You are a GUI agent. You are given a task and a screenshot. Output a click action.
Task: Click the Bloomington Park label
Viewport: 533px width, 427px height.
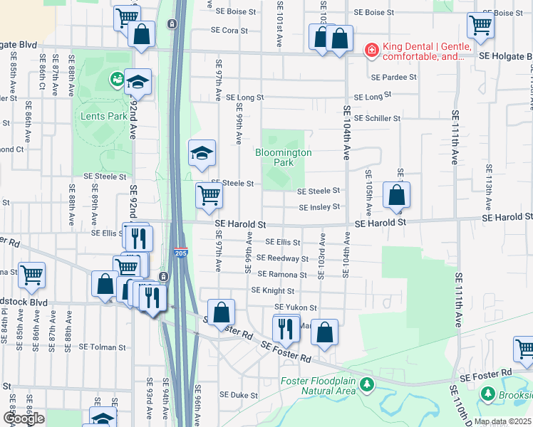284,157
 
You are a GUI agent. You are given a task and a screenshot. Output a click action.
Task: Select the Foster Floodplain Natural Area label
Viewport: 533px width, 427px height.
317,385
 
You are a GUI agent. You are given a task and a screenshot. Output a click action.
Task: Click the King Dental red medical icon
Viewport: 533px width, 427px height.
371,50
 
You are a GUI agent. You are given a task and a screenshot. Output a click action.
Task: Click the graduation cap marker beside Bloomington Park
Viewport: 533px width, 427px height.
202,152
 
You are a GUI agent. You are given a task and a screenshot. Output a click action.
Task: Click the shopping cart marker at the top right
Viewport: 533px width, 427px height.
481,26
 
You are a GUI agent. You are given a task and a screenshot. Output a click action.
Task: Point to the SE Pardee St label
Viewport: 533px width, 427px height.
393,77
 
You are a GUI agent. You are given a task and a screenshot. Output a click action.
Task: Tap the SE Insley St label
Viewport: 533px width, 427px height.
319,208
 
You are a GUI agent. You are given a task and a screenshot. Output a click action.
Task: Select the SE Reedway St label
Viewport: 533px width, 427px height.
283,258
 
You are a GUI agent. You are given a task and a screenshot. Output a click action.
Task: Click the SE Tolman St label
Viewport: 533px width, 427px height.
102,347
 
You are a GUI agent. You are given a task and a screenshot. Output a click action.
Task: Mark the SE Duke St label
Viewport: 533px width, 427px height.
238,394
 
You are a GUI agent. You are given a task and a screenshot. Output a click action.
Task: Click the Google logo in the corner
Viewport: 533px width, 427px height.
24,418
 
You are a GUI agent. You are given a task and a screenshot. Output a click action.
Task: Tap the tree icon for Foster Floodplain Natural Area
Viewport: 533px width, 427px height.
366,385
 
